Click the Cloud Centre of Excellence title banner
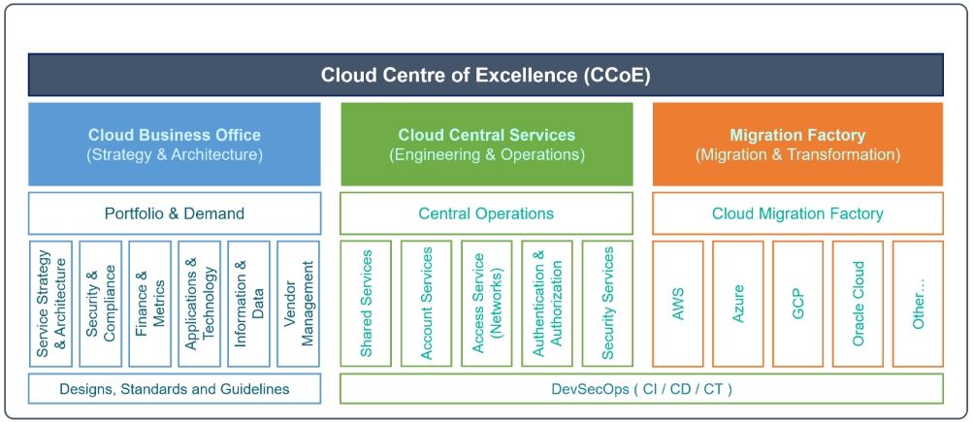tap(486, 75)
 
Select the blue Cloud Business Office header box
tap(175, 144)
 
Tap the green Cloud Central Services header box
tap(487, 144)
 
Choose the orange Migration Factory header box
tap(798, 144)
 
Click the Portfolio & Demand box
tap(175, 213)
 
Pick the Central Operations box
tap(487, 213)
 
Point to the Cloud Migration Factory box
tap(798, 213)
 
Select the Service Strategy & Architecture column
tap(50, 304)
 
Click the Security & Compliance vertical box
tap(101, 304)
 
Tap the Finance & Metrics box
tap(150, 304)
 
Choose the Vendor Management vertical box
tap(299, 304)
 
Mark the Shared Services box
tap(366, 304)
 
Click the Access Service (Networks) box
tap(487, 304)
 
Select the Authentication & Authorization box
tap(547, 304)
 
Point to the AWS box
tap(678, 304)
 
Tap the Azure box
tap(738, 304)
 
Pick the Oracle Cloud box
tap(859, 304)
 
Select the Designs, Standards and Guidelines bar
tap(175, 389)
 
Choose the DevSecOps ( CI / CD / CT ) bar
tap(641, 389)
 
